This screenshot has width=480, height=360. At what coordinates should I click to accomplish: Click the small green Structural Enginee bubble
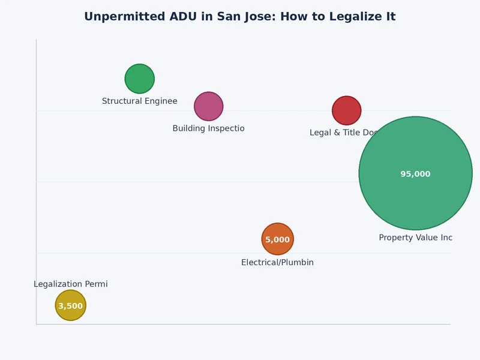(x=139, y=79)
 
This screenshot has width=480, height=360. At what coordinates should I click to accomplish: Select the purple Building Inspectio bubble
(x=208, y=106)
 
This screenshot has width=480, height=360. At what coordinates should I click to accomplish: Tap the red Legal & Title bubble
(x=346, y=110)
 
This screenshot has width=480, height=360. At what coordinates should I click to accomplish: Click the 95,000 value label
(x=415, y=174)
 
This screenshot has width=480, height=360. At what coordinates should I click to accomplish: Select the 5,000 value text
(x=277, y=239)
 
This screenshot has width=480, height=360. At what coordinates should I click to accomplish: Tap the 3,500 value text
(x=70, y=306)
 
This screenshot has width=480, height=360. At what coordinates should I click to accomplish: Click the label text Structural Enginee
(x=139, y=101)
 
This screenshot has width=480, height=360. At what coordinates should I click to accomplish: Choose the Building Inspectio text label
(x=208, y=128)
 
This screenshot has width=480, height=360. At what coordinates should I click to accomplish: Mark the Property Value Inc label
(x=415, y=238)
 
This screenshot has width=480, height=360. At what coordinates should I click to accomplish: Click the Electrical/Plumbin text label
(x=277, y=263)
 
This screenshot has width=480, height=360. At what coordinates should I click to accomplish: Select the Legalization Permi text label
(x=70, y=284)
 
